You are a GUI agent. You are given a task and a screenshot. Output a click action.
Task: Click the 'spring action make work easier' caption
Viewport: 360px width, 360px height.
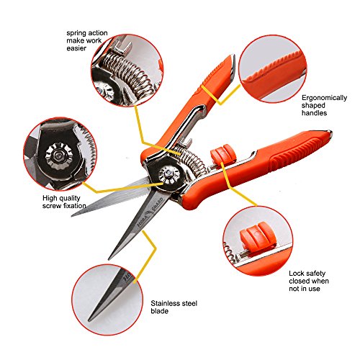click(87, 40)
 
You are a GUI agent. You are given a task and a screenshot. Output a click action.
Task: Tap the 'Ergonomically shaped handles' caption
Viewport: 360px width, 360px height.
click(324, 105)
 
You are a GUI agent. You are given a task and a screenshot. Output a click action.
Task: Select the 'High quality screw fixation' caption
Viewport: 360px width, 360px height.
click(64, 202)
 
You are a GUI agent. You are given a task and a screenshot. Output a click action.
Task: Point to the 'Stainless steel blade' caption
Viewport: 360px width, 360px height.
click(174, 307)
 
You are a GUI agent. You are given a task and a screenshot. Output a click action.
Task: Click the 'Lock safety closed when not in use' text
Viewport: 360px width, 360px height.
click(309, 281)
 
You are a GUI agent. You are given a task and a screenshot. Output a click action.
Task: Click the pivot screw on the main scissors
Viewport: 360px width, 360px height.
click(168, 175)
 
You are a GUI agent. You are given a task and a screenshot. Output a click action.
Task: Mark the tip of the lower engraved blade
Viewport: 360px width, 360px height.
click(109, 259)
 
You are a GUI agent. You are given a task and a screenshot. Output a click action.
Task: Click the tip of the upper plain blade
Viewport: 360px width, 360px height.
click(72, 215)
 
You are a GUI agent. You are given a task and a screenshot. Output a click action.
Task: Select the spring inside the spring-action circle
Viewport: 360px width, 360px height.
click(127, 73)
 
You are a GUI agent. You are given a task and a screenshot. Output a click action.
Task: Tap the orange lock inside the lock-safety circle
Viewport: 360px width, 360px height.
click(257, 236)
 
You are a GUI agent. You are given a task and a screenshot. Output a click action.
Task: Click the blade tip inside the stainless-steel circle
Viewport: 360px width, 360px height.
click(91, 320)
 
